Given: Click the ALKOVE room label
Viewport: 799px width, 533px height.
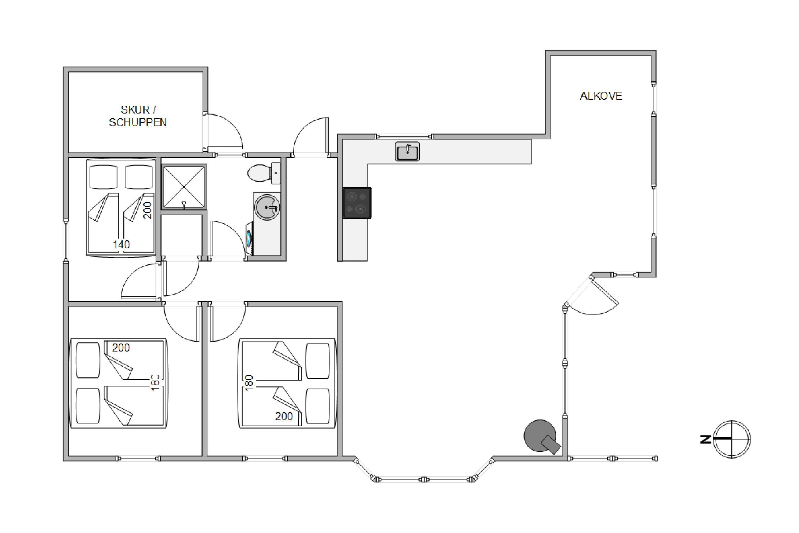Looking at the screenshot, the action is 601,96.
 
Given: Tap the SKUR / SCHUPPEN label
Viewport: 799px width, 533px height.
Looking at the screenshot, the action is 138,116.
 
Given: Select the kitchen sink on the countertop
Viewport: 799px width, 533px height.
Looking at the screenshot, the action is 407,152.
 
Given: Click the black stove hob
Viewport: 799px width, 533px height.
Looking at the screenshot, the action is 357,203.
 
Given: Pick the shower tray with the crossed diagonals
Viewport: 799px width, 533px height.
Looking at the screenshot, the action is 184,187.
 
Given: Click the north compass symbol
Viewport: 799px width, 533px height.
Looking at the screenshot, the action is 732,439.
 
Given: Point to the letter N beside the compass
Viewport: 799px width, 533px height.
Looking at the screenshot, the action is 706,439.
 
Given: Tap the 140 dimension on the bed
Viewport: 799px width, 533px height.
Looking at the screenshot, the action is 121,244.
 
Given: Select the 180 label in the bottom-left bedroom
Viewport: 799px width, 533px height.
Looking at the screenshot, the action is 155,382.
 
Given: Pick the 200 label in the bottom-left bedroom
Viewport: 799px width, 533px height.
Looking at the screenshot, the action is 121,348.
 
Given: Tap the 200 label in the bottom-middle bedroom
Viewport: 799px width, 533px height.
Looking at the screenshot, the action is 284,416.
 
